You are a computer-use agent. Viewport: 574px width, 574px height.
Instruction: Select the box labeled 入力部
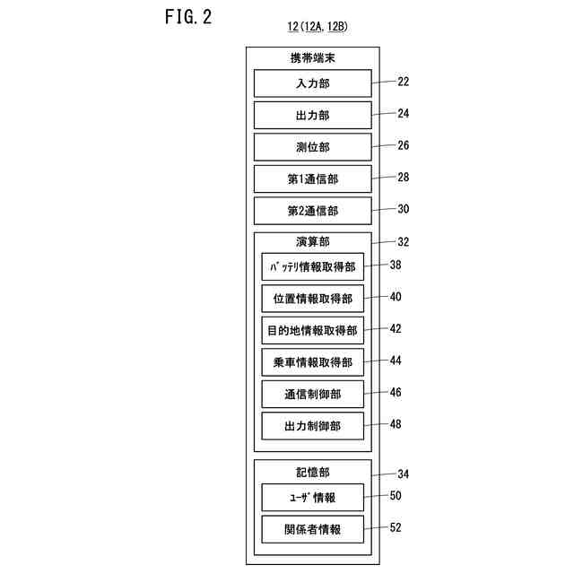pos(312,83)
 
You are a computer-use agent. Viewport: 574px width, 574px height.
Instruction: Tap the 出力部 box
pos(312,115)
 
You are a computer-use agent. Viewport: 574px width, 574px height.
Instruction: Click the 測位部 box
pos(312,147)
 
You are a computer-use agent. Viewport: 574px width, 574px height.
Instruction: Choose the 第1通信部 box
pos(312,178)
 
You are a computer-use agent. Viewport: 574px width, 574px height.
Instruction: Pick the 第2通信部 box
pos(312,211)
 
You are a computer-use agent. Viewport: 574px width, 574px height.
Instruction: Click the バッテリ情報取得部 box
pos(313,266)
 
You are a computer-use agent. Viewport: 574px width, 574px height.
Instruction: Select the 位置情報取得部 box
pos(313,299)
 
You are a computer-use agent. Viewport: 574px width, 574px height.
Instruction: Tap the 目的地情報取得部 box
pos(313,330)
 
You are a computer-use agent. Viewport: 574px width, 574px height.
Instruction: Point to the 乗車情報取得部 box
pos(313,362)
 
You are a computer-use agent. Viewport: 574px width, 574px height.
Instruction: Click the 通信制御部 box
pos(313,394)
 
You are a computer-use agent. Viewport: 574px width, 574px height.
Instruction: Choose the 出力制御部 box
pos(313,425)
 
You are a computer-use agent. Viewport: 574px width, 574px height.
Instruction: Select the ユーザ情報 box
pos(313,497)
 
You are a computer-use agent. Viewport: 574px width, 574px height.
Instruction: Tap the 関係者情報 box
pos(313,528)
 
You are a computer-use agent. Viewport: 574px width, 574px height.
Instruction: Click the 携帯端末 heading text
pos(313,58)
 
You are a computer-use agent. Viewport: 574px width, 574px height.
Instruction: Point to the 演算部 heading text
pos(313,241)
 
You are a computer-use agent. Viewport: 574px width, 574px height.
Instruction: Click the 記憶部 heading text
pos(313,471)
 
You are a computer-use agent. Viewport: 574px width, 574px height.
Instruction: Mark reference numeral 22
pos(403,82)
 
